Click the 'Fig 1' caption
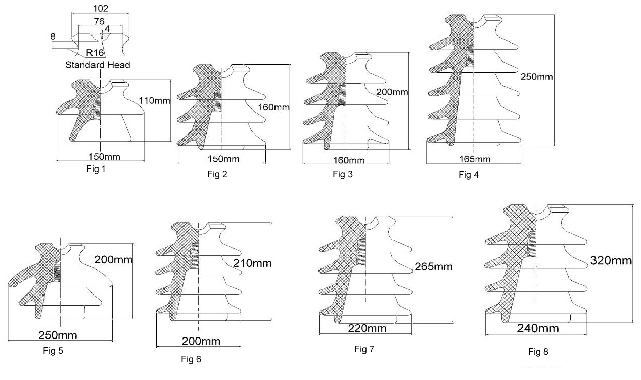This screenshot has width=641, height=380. [96, 169]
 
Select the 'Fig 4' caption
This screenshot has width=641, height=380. [468, 175]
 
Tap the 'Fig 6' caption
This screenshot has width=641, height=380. [191, 359]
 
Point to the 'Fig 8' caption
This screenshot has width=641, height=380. [538, 351]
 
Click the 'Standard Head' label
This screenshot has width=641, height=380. [98, 65]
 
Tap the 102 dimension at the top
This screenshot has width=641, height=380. [101, 8]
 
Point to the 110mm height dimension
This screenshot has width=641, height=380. [155, 101]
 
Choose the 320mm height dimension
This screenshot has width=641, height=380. [611, 261]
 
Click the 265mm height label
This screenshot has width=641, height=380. [434, 267]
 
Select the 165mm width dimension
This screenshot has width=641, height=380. [474, 160]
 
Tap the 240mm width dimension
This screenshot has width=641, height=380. [538, 328]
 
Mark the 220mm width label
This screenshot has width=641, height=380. [368, 328]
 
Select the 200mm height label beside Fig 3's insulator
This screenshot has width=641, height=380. [392, 92]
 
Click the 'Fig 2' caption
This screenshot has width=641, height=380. [218, 174]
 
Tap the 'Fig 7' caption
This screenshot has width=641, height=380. [363, 349]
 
